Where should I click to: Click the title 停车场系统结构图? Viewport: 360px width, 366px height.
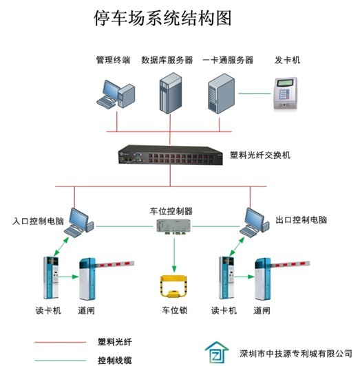[162, 18]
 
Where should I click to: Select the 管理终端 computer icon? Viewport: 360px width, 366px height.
[116, 94]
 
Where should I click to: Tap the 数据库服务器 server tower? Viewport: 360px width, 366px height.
[171, 94]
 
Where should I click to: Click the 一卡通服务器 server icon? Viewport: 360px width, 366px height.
[221, 94]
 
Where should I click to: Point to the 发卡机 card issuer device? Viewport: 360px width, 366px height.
[285, 94]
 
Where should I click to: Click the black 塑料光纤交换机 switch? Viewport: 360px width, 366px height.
[170, 155]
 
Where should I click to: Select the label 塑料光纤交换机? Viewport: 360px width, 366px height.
[260, 155]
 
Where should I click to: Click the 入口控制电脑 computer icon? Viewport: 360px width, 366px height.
[78, 223]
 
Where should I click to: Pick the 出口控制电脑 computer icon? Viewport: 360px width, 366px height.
[254, 223]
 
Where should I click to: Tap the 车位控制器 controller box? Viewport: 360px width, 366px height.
[173, 227]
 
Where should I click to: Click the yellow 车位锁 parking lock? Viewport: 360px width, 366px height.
[174, 286]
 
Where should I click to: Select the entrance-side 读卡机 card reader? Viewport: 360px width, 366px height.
[51, 278]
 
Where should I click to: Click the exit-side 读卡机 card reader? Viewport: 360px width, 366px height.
[226, 278]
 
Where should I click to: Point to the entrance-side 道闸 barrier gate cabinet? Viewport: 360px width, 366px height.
[87, 279]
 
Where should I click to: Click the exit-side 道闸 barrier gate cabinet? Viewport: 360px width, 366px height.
[262, 279]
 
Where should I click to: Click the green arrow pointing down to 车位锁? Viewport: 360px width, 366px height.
[174, 255]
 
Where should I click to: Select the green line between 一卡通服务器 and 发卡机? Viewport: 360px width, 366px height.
[255, 94]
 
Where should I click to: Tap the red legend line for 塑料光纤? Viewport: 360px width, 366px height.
[61, 342]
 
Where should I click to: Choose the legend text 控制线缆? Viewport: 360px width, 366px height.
[115, 360]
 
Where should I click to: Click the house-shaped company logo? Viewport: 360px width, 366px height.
[217, 353]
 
